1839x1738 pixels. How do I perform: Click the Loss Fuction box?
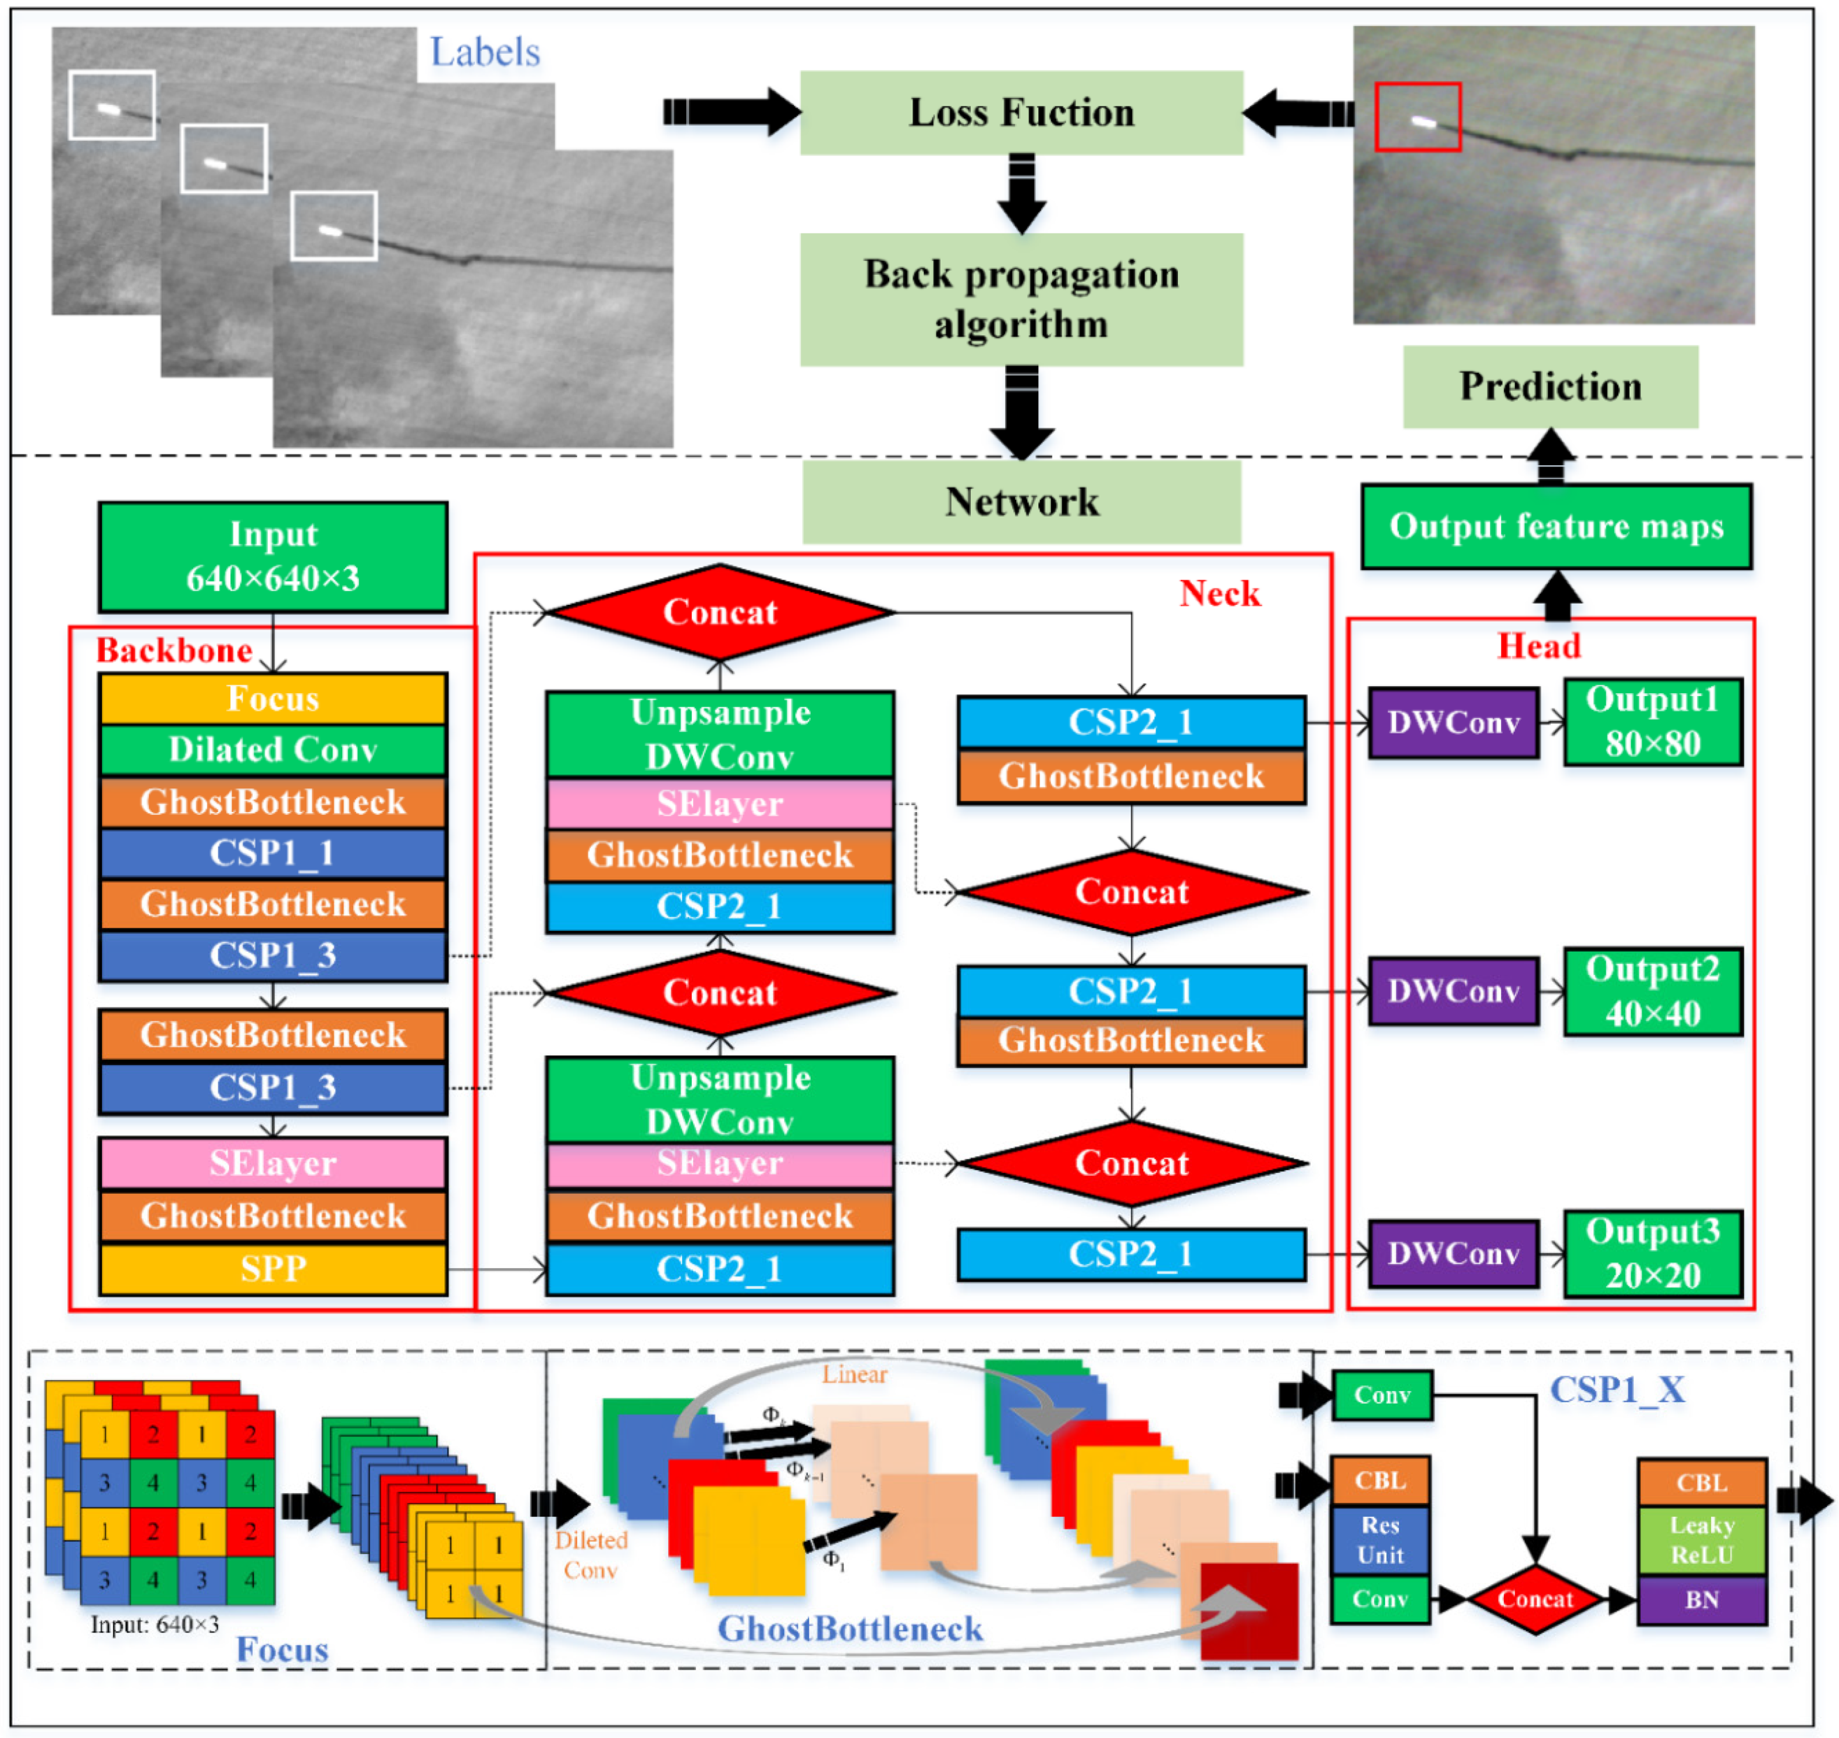tap(1021, 112)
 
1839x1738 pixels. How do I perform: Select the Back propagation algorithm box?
tap(1021, 299)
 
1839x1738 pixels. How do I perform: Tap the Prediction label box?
tap(1550, 386)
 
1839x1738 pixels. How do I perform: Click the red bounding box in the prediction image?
tap(1418, 117)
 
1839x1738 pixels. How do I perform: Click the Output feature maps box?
tap(1556, 526)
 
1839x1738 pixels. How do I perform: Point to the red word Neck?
tap(1219, 594)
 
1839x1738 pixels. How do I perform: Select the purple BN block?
tap(1701, 1600)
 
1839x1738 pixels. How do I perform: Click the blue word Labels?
tap(485, 52)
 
